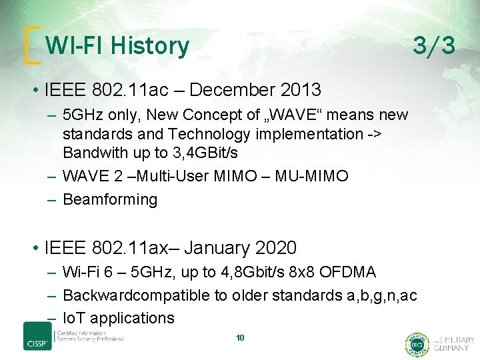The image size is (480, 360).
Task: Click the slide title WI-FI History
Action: click(117, 46)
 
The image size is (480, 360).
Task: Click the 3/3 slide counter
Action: click(433, 46)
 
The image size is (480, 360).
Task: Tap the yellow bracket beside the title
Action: click(29, 46)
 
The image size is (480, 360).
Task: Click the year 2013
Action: click(300, 89)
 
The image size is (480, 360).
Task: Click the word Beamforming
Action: click(110, 199)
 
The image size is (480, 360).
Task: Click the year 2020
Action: click(275, 249)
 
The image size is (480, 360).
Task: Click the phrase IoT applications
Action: click(118, 318)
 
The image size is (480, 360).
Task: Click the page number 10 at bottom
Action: click(240, 338)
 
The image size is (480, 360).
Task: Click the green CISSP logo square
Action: click(37, 335)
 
